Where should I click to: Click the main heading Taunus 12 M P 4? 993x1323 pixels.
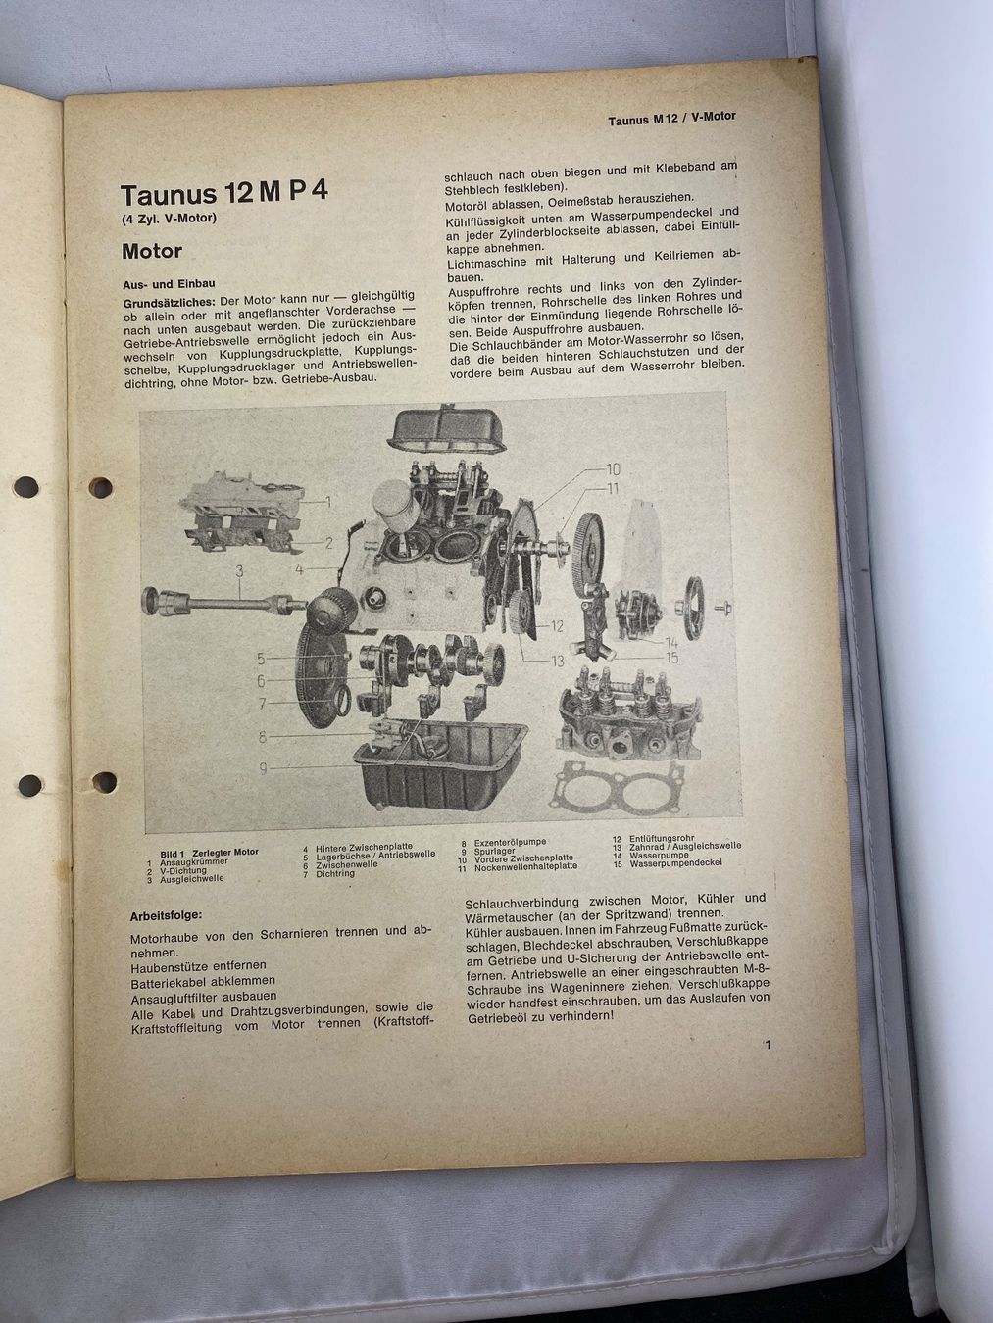point(224,193)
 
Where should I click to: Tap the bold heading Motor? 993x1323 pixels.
point(152,251)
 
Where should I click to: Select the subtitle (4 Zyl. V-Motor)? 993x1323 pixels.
point(169,219)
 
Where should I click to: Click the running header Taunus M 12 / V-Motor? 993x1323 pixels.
point(671,119)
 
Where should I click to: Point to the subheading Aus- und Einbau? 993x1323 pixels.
point(170,284)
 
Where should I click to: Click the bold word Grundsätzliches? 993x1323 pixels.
point(170,301)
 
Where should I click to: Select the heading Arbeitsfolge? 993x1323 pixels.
point(167,916)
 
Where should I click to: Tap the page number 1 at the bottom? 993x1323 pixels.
point(768,1045)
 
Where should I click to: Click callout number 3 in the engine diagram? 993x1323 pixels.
point(239,570)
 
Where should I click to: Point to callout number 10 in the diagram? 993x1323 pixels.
point(613,469)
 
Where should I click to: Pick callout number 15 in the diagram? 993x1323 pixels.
point(671,659)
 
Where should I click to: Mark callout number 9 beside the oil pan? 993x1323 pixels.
point(263,769)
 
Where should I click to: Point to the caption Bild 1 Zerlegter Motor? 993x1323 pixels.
point(209,853)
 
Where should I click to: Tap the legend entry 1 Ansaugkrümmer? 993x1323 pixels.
point(187,861)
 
